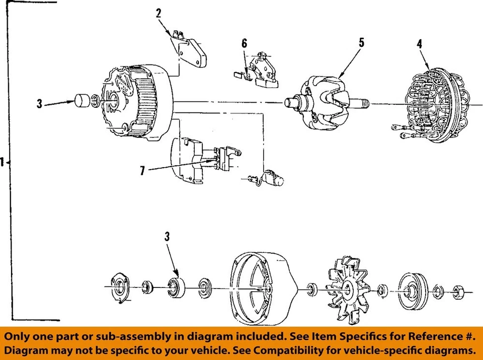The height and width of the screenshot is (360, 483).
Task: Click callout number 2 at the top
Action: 158,14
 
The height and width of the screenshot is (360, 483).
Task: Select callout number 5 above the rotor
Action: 361,43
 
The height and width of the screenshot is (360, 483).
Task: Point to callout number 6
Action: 244,44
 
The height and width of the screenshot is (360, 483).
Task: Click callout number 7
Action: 142,171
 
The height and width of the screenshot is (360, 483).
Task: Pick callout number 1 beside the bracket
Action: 3,162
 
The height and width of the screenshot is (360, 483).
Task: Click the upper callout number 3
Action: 39,105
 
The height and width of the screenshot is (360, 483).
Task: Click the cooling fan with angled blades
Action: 347,289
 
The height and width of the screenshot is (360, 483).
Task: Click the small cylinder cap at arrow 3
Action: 82,101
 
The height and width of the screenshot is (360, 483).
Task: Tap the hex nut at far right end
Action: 458,291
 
